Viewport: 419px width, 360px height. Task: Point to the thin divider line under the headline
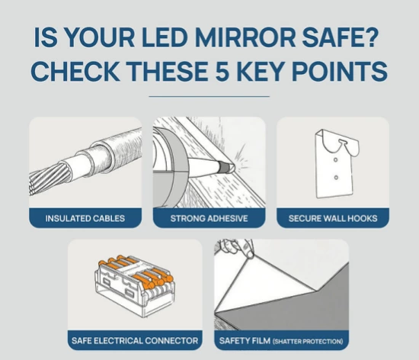tap(209, 97)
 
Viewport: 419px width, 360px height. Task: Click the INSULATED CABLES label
tap(85, 218)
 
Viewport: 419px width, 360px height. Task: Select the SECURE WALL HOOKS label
tap(332, 218)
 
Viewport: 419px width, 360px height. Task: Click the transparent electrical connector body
tap(134, 290)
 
